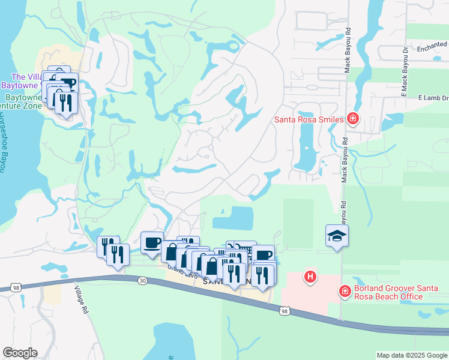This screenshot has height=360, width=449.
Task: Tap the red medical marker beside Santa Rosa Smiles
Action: pos(353,118)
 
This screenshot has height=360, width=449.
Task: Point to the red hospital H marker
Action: pos(310,277)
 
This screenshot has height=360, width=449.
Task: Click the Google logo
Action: pos(20,353)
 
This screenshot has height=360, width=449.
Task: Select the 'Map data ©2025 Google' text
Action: pos(412,355)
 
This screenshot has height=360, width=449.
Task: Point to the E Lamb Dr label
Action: pos(433,98)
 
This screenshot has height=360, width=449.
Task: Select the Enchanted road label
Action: pos(433,45)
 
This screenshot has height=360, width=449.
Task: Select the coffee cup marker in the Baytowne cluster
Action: pos(67,82)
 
